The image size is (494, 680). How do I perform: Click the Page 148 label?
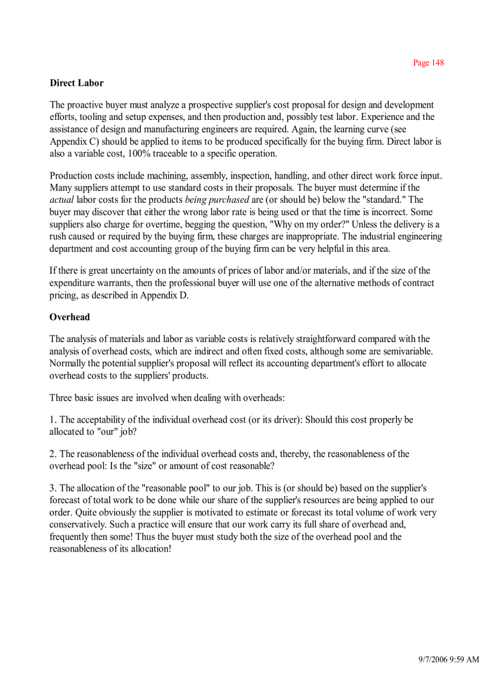(x=428, y=63)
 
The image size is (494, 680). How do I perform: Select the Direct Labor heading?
(x=76, y=83)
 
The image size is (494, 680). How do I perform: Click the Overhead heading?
(x=69, y=317)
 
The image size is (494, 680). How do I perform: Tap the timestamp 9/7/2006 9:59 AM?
(x=449, y=659)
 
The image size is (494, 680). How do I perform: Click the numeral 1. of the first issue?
(x=53, y=420)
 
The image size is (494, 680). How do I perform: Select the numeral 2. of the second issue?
(x=53, y=454)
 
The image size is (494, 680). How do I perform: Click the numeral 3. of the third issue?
(x=53, y=488)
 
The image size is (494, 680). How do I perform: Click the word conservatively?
(x=79, y=524)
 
